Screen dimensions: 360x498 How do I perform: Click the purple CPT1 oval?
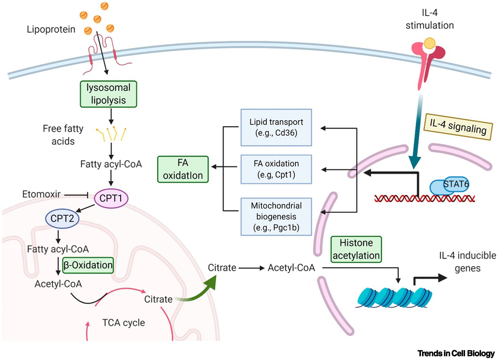pyautogui.click(x=111, y=198)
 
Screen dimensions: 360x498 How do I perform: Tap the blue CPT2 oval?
pyautogui.click(x=62, y=218)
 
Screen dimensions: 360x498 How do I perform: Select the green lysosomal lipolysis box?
pyautogui.click(x=108, y=94)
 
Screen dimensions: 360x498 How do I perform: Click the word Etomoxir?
pyautogui.click(x=41, y=194)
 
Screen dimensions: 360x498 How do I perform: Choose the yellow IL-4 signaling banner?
pyautogui.click(x=458, y=127)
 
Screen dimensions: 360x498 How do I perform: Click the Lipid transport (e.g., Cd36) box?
pyautogui.click(x=276, y=127)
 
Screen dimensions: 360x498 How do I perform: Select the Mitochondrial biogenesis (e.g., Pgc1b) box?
pyautogui.click(x=276, y=217)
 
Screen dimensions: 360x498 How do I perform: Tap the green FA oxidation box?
pyautogui.click(x=183, y=169)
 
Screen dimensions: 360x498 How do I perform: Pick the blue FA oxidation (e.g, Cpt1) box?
pyautogui.click(x=276, y=169)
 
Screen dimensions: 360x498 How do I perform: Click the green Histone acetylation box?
pyautogui.click(x=356, y=249)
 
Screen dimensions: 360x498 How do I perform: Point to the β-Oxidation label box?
pyautogui.click(x=88, y=265)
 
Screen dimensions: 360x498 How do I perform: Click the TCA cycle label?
pyautogui.click(x=124, y=323)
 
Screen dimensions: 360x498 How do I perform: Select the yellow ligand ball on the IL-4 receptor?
pyautogui.click(x=429, y=43)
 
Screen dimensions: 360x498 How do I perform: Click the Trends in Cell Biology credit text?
pyautogui.click(x=456, y=353)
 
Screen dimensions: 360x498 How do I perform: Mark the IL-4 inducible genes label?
pyautogui.click(x=467, y=262)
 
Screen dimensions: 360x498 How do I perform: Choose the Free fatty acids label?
pyautogui.click(x=63, y=135)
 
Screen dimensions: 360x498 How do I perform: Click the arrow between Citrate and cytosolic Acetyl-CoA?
pyautogui.click(x=251, y=268)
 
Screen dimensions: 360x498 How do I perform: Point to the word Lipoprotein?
pyautogui.click(x=51, y=29)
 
